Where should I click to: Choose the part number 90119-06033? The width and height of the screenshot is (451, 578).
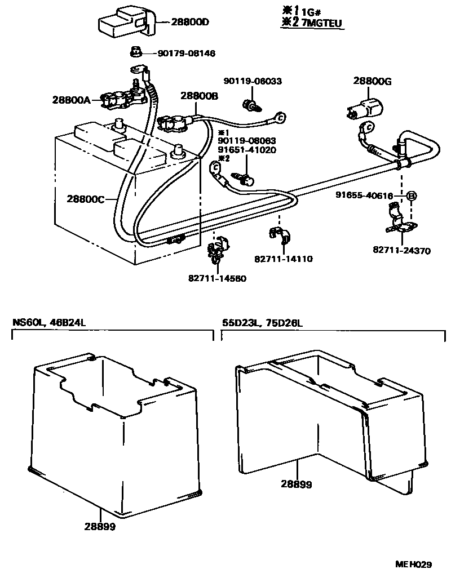pos(252,81)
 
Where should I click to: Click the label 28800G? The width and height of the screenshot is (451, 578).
pos(373,81)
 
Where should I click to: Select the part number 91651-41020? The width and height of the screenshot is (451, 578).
pos(247,150)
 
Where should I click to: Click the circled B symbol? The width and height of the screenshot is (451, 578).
pos(412,195)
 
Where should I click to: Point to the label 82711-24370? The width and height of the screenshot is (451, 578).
pos(401,251)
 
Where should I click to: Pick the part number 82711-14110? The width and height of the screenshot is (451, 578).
pos(284,259)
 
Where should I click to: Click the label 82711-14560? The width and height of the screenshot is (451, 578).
pos(218,278)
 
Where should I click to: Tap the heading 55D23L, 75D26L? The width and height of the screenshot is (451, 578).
pos(262,323)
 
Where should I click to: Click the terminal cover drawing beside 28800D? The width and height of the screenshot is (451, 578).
pos(123,21)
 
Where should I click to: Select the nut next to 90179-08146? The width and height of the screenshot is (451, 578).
pos(135,52)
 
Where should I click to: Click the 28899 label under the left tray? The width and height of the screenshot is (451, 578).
pos(100,527)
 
